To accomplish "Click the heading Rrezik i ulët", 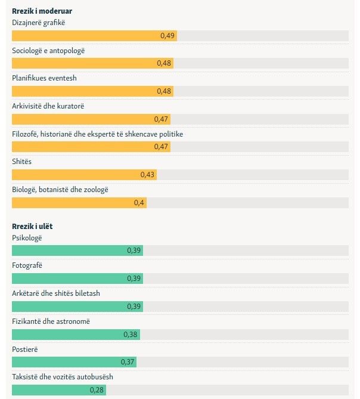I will tap(33, 227).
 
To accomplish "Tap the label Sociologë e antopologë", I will tap(48, 51).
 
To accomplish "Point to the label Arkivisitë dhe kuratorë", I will tap(48, 106).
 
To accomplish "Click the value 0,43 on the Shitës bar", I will tap(147, 175).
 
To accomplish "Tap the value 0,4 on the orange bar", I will tap(139, 203).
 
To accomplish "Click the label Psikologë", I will tap(27, 238).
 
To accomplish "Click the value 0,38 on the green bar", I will tap(130, 335).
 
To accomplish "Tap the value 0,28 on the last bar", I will tap(97, 390).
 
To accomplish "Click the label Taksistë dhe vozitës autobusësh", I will tap(63, 377).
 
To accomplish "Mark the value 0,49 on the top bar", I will tap(167, 36).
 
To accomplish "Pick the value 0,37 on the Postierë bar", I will tap(128, 362).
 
